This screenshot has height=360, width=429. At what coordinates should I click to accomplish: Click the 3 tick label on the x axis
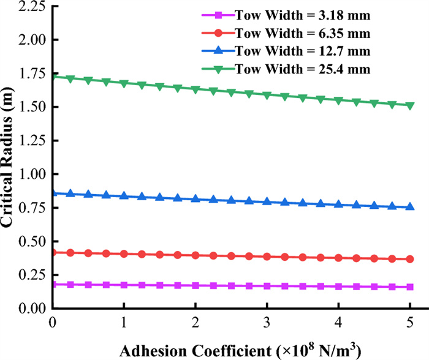[x=267, y=322]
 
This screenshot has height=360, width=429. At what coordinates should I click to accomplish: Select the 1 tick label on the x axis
[x=124, y=322]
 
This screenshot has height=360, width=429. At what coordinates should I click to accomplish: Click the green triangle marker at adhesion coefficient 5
[x=409, y=105]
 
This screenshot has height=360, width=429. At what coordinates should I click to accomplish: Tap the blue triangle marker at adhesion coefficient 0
[x=53, y=193]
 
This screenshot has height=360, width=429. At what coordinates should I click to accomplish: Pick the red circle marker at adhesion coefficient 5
[x=409, y=259]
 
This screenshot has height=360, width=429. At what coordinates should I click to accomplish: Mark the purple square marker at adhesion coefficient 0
[x=53, y=284]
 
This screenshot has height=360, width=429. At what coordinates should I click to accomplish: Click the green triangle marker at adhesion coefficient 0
[x=53, y=77]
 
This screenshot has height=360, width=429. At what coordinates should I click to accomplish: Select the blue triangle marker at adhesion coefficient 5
[x=409, y=207]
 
